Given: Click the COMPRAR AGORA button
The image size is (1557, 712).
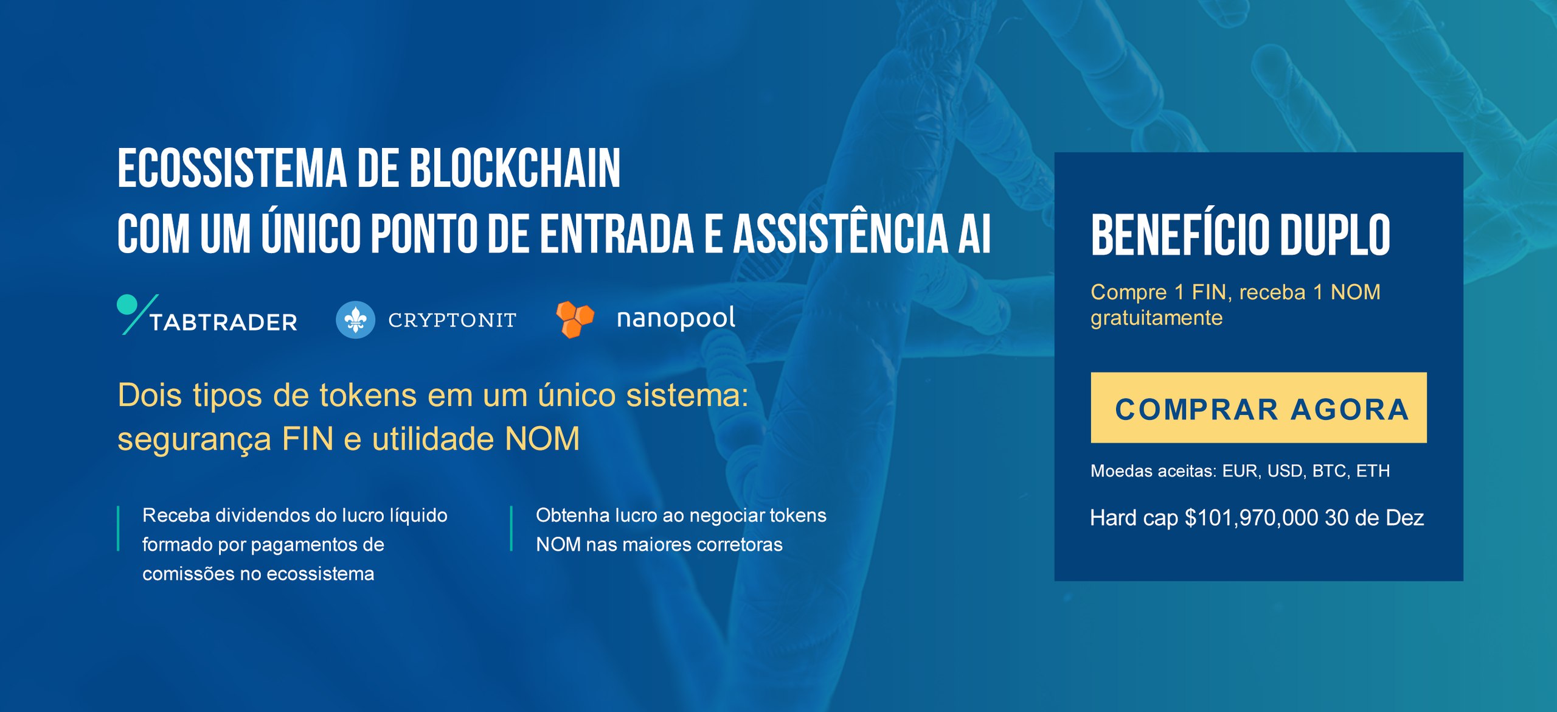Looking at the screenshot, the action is (x=1258, y=407).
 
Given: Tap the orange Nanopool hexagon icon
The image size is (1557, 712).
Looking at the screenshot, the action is (x=575, y=319).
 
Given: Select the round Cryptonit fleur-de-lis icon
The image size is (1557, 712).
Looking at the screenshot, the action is (x=355, y=319).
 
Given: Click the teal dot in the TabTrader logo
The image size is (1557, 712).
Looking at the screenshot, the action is (x=127, y=304).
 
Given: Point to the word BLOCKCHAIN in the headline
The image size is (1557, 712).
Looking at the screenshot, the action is (x=515, y=169).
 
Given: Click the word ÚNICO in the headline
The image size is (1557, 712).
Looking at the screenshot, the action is (x=311, y=233).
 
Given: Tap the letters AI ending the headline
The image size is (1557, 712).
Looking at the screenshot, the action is (x=975, y=234).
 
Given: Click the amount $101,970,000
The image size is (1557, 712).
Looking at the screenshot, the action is (x=1251, y=518).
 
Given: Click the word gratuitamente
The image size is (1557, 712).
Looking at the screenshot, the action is (x=1156, y=318).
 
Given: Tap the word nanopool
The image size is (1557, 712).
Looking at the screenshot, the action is (x=676, y=318).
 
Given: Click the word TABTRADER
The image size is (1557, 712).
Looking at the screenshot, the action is (x=223, y=322).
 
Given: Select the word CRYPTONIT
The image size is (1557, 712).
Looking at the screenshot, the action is (x=453, y=320).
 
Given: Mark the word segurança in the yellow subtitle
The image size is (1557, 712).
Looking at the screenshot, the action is (x=194, y=439).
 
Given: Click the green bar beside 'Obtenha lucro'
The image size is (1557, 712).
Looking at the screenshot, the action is (x=511, y=528).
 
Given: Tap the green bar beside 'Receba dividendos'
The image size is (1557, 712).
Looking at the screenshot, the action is (x=118, y=528).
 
